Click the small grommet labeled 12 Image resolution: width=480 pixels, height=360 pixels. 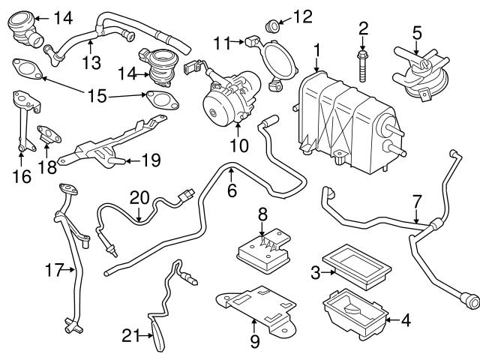tap(271, 26)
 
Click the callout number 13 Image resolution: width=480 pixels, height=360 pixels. tap(91, 62)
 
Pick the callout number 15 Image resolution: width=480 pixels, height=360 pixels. tap(97, 95)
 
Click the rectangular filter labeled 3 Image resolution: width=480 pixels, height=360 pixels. tap(357, 267)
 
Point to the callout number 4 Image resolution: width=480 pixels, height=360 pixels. tap(405, 320)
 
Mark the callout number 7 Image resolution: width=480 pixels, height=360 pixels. tap(417, 202)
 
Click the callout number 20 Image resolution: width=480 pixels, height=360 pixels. tap(139, 198)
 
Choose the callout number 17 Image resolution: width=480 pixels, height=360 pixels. tap(54, 270)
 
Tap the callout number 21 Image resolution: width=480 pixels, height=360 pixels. tap(131, 335)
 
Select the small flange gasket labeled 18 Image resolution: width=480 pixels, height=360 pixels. tap(49, 134)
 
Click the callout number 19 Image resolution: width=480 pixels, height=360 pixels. tap(151, 160)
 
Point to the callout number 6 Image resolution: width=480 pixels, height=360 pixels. tap(232, 190)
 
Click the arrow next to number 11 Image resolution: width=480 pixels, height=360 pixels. tap(238, 41)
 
